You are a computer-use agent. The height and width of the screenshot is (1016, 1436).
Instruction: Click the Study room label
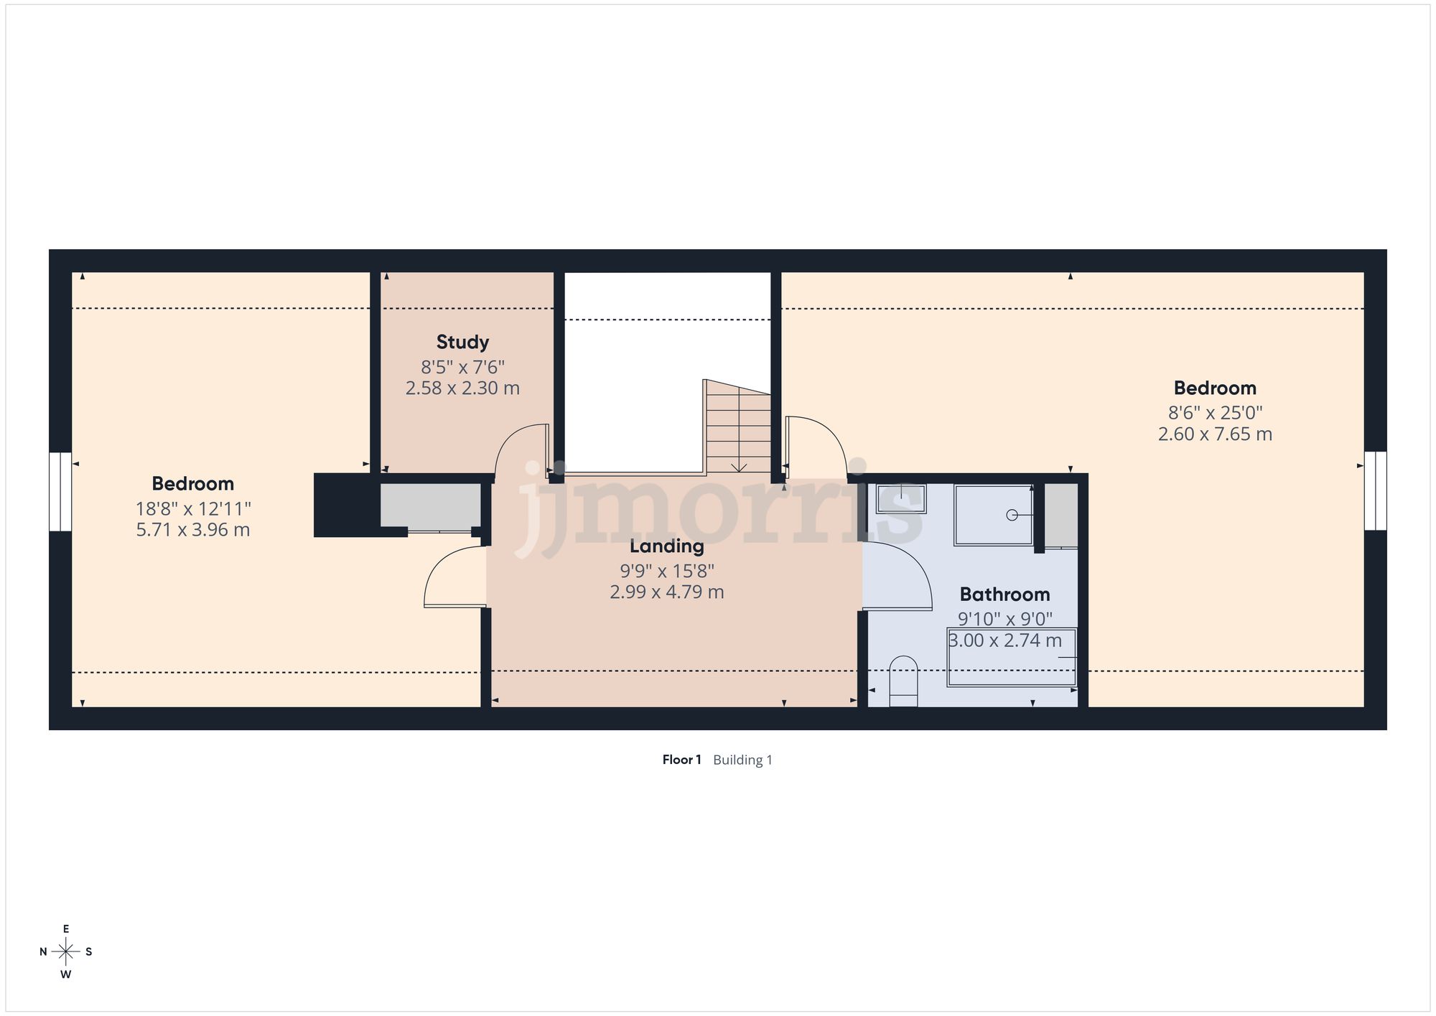pyautogui.click(x=462, y=342)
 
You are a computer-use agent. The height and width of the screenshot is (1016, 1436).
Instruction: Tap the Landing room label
pyautogui.click(x=666, y=546)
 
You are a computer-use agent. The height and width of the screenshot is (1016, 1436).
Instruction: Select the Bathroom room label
pyautogui.click(x=1004, y=595)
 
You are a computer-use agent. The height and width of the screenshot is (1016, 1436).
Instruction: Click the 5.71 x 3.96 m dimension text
pyautogui.click(x=193, y=530)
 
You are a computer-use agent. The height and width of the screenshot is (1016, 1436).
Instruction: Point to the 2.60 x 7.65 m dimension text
pyautogui.click(x=1215, y=434)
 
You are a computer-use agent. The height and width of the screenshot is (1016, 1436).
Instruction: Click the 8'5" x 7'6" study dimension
pyautogui.click(x=462, y=368)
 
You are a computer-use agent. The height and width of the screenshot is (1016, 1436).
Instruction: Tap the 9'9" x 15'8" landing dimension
pyautogui.click(x=666, y=572)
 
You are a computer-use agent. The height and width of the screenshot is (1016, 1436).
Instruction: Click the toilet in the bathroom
pyautogui.click(x=903, y=680)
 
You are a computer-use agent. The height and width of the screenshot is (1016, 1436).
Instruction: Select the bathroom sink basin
pyautogui.click(x=901, y=498)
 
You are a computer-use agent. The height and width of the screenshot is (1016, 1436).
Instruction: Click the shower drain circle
pyautogui.click(x=1012, y=515)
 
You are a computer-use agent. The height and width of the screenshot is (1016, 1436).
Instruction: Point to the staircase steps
pyautogui.click(x=737, y=429)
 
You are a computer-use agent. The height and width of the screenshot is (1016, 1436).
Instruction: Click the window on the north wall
pyautogui.click(x=60, y=491)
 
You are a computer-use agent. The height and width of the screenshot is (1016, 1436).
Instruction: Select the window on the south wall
pyautogui.click(x=1375, y=491)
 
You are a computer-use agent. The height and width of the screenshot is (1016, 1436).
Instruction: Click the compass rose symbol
pyautogui.click(x=66, y=952)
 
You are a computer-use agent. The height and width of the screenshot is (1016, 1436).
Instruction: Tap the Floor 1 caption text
pyautogui.click(x=681, y=760)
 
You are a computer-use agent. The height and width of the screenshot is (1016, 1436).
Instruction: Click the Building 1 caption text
pyautogui.click(x=742, y=760)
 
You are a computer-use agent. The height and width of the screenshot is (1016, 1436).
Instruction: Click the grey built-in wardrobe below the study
pyautogui.click(x=430, y=507)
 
